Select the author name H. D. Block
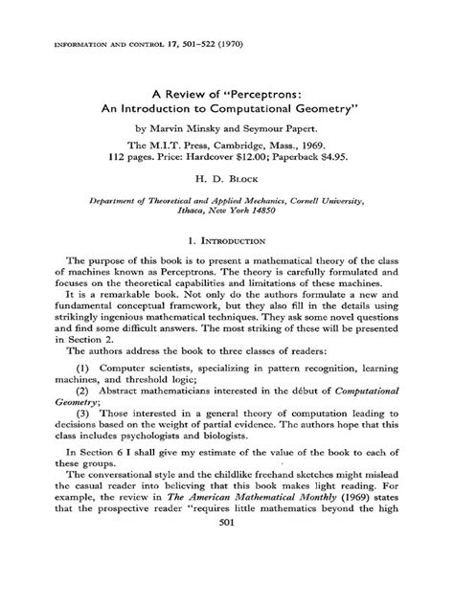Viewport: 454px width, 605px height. (x=226, y=178)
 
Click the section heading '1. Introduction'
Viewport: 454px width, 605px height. (x=226, y=243)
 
